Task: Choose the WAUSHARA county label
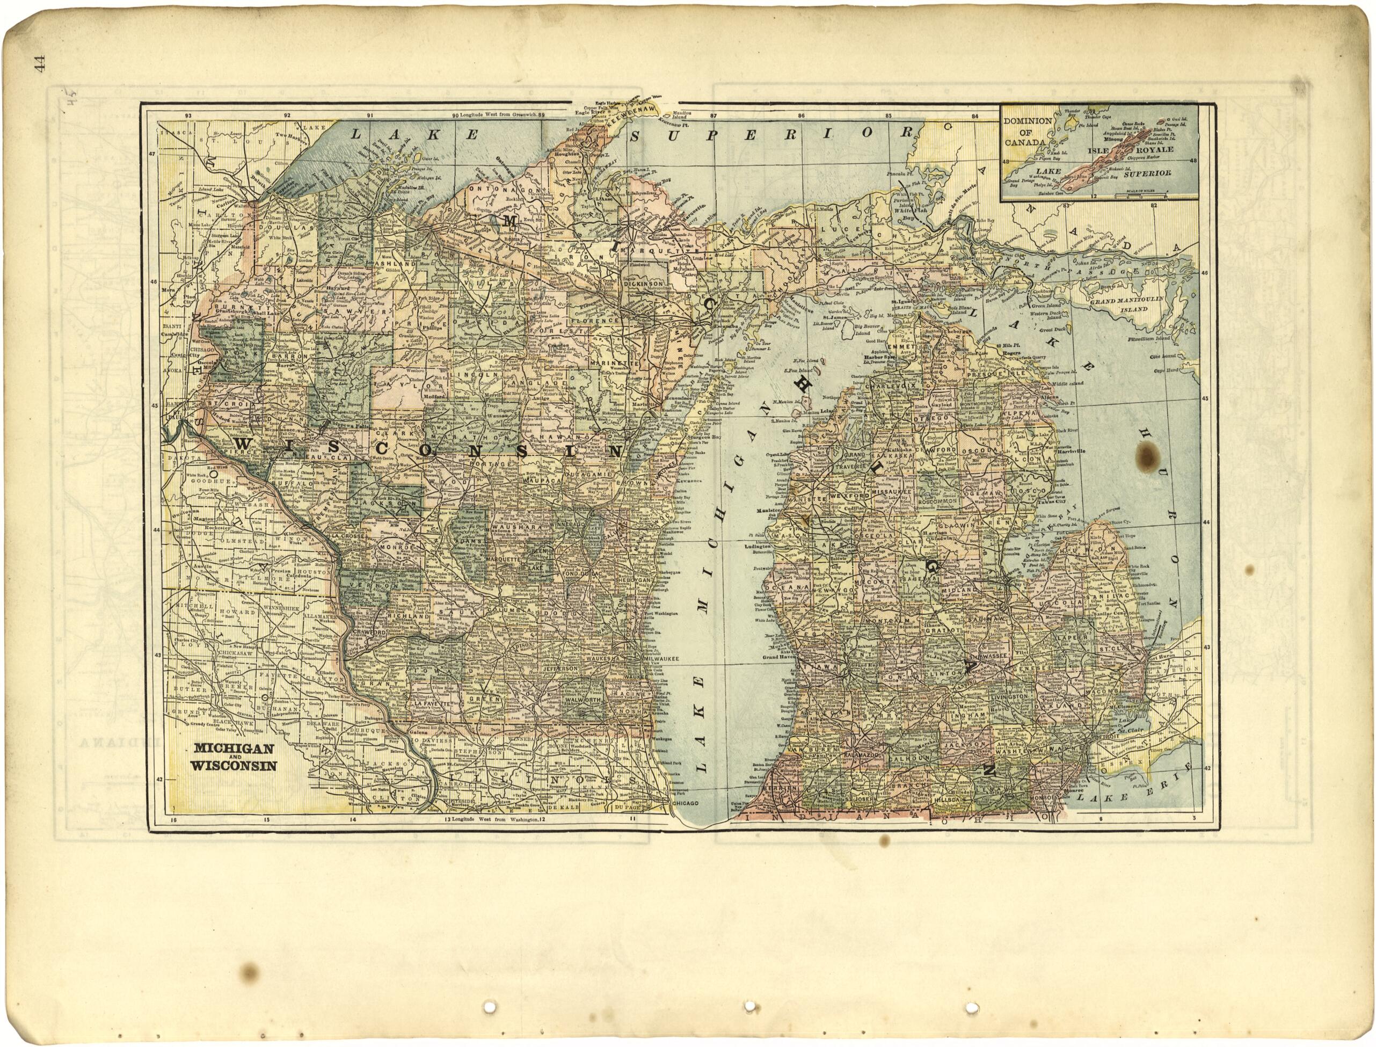[513, 528]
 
